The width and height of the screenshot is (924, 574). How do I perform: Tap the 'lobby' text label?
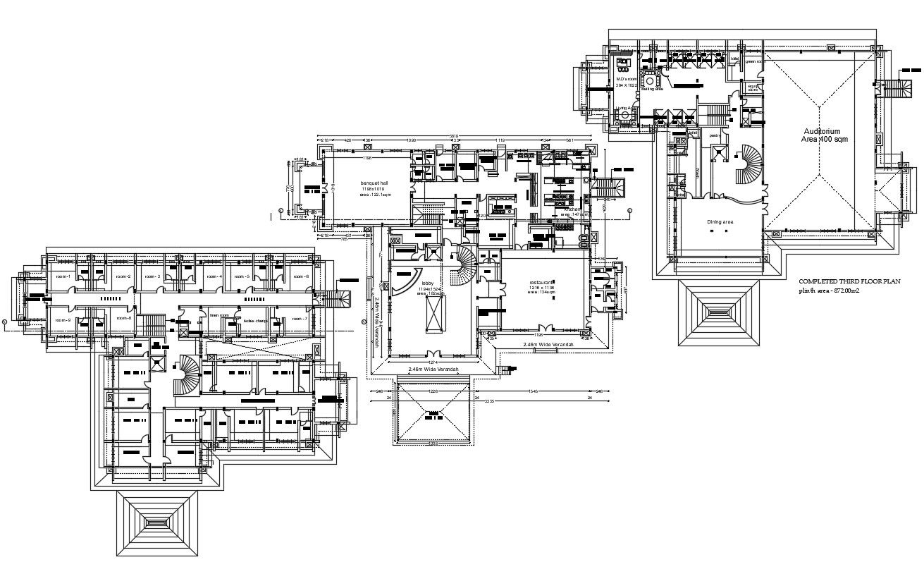[427, 283]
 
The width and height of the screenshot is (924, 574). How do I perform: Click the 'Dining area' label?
[720, 221]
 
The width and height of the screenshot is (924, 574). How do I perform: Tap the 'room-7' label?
[300, 319]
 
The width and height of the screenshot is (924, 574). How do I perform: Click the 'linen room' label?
[220, 315]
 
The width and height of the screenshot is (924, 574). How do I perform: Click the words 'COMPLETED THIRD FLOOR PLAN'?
[849, 281]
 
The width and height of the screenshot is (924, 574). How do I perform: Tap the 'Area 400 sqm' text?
[824, 140]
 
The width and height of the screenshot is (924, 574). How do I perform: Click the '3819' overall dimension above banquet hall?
[455, 135]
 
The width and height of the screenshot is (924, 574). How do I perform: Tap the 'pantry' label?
[714, 135]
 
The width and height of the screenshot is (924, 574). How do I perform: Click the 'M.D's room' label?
[627, 79]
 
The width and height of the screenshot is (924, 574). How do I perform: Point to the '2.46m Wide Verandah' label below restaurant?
[548, 344]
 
